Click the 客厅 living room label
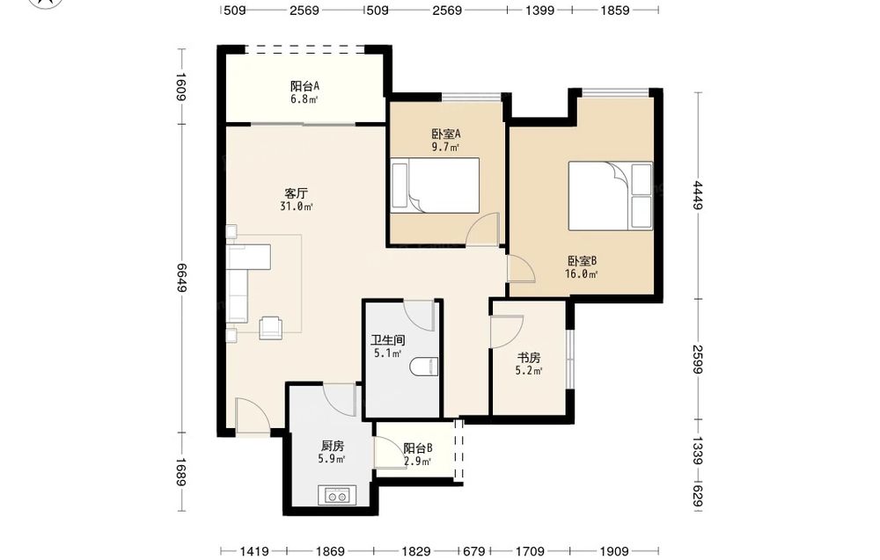pyautogui.click(x=297, y=194)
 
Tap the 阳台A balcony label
pyautogui.click(x=305, y=86)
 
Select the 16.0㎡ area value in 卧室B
pyautogui.click(x=581, y=274)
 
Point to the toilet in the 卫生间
pyautogui.click(x=424, y=367)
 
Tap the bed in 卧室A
pyautogui.click(x=435, y=185)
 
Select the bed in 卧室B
pyautogui.click(x=611, y=196)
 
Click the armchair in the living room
pyautogui.click(x=272, y=327)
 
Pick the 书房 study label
pyautogui.click(x=529, y=358)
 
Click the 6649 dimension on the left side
pyautogui.click(x=181, y=277)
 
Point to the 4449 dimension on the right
pyautogui.click(x=698, y=195)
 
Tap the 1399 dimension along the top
pyautogui.click(x=540, y=10)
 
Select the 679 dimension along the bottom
pyautogui.click(x=474, y=551)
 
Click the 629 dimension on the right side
pyautogui.click(x=698, y=497)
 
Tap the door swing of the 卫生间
pyautogui.click(x=419, y=316)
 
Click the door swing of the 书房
pyautogui.click(x=507, y=331)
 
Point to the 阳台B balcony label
pyautogui.click(x=418, y=448)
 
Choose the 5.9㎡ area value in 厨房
pyautogui.click(x=332, y=459)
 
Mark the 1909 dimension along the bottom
pyautogui.click(x=614, y=551)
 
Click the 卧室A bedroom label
pyautogui.click(x=446, y=134)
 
